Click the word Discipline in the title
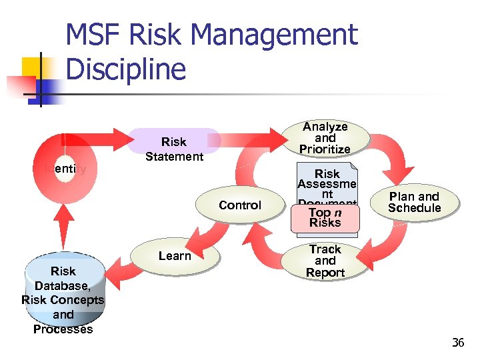(127, 69)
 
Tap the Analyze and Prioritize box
(325, 137)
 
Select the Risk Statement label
(174, 149)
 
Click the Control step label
(240, 205)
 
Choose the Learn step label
(175, 256)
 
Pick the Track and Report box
(325, 261)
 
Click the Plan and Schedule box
(415, 202)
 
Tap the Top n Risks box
(325, 217)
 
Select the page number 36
(457, 343)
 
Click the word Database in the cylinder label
(63, 285)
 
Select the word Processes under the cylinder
(63, 329)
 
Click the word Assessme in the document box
(327, 185)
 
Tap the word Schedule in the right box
(415, 208)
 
